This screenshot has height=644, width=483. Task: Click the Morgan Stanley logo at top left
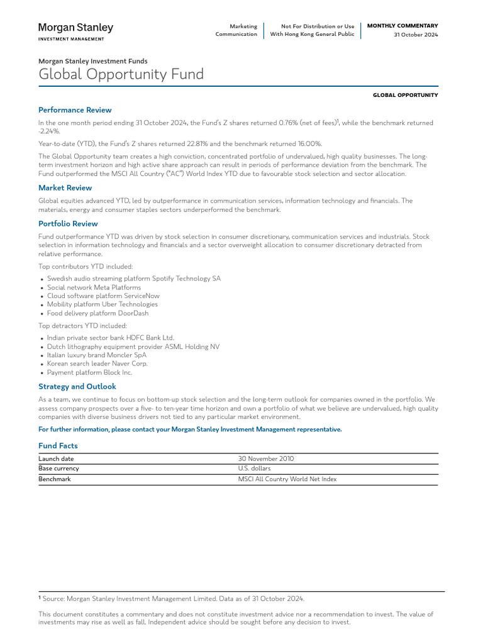click(x=76, y=31)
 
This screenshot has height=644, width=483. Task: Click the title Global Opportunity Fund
click(x=121, y=74)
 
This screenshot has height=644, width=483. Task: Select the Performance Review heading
click(x=75, y=109)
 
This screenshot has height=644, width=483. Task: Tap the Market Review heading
click(x=65, y=187)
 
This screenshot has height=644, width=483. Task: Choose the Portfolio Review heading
click(x=68, y=223)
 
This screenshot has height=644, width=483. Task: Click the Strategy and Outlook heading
click(x=77, y=386)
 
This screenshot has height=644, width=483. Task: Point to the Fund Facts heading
click(x=58, y=445)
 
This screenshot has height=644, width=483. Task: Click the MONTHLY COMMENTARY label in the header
click(x=402, y=26)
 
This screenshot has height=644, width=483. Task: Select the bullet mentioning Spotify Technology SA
click(x=134, y=278)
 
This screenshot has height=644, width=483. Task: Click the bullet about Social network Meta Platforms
click(x=94, y=287)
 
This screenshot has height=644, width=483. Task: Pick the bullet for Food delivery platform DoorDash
click(x=98, y=313)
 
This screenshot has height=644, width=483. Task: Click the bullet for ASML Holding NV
click(x=133, y=346)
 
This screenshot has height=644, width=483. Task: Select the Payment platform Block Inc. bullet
click(x=90, y=372)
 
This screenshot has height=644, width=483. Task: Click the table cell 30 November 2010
click(x=266, y=458)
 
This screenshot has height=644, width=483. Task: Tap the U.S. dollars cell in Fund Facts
click(x=254, y=469)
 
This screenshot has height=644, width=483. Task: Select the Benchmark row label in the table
click(x=55, y=479)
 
